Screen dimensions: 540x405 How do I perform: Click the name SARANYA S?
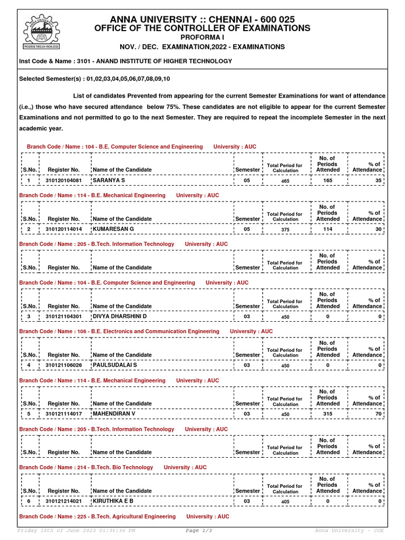[x=109, y=181]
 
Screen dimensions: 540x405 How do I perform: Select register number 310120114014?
[x=64, y=229]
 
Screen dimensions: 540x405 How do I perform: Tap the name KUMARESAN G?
[x=113, y=229]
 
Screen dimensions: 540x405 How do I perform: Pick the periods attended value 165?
[x=327, y=181]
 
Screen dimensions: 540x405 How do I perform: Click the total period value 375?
[x=285, y=230]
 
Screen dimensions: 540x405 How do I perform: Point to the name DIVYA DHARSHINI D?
[x=120, y=316]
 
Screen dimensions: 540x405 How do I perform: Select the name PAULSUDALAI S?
[x=114, y=365]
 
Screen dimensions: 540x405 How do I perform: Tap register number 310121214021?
[x=64, y=501]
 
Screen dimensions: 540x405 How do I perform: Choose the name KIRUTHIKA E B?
[x=113, y=501]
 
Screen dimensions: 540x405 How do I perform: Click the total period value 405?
[x=285, y=502]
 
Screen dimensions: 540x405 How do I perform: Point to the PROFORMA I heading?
[x=202, y=38]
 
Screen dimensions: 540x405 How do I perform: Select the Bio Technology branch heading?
[x=86, y=467]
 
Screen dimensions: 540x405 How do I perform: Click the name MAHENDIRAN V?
[x=114, y=414]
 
